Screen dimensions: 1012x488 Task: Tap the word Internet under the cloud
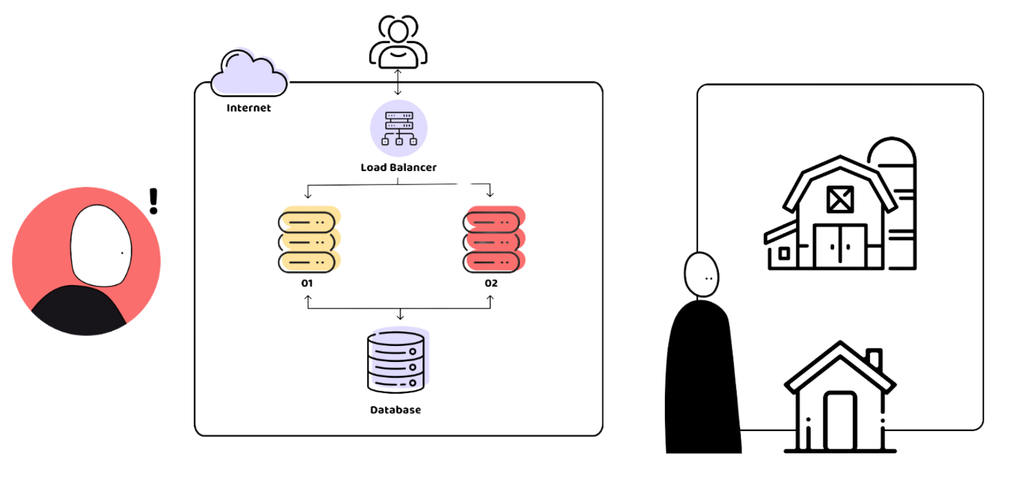[x=248, y=108]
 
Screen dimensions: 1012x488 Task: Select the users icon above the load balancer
[x=398, y=42]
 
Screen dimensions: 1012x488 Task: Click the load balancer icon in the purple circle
[x=398, y=129]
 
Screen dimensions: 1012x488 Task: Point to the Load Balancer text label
[x=398, y=167]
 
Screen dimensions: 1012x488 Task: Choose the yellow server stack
[x=309, y=240]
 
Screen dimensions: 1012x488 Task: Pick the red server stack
[x=494, y=240]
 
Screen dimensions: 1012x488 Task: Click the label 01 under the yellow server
[x=307, y=283]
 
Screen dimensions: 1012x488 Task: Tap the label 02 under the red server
[x=491, y=283]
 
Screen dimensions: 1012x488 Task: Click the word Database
[x=395, y=410]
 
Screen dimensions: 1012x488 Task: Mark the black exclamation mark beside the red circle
[x=154, y=201]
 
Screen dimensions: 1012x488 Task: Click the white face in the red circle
[x=101, y=245]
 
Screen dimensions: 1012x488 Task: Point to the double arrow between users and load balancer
[x=398, y=82]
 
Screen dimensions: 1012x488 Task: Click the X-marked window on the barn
[x=840, y=200]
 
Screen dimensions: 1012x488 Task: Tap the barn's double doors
[x=840, y=246]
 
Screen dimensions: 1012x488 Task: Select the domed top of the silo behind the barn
[x=892, y=151]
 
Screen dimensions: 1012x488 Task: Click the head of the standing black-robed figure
[x=701, y=274]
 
